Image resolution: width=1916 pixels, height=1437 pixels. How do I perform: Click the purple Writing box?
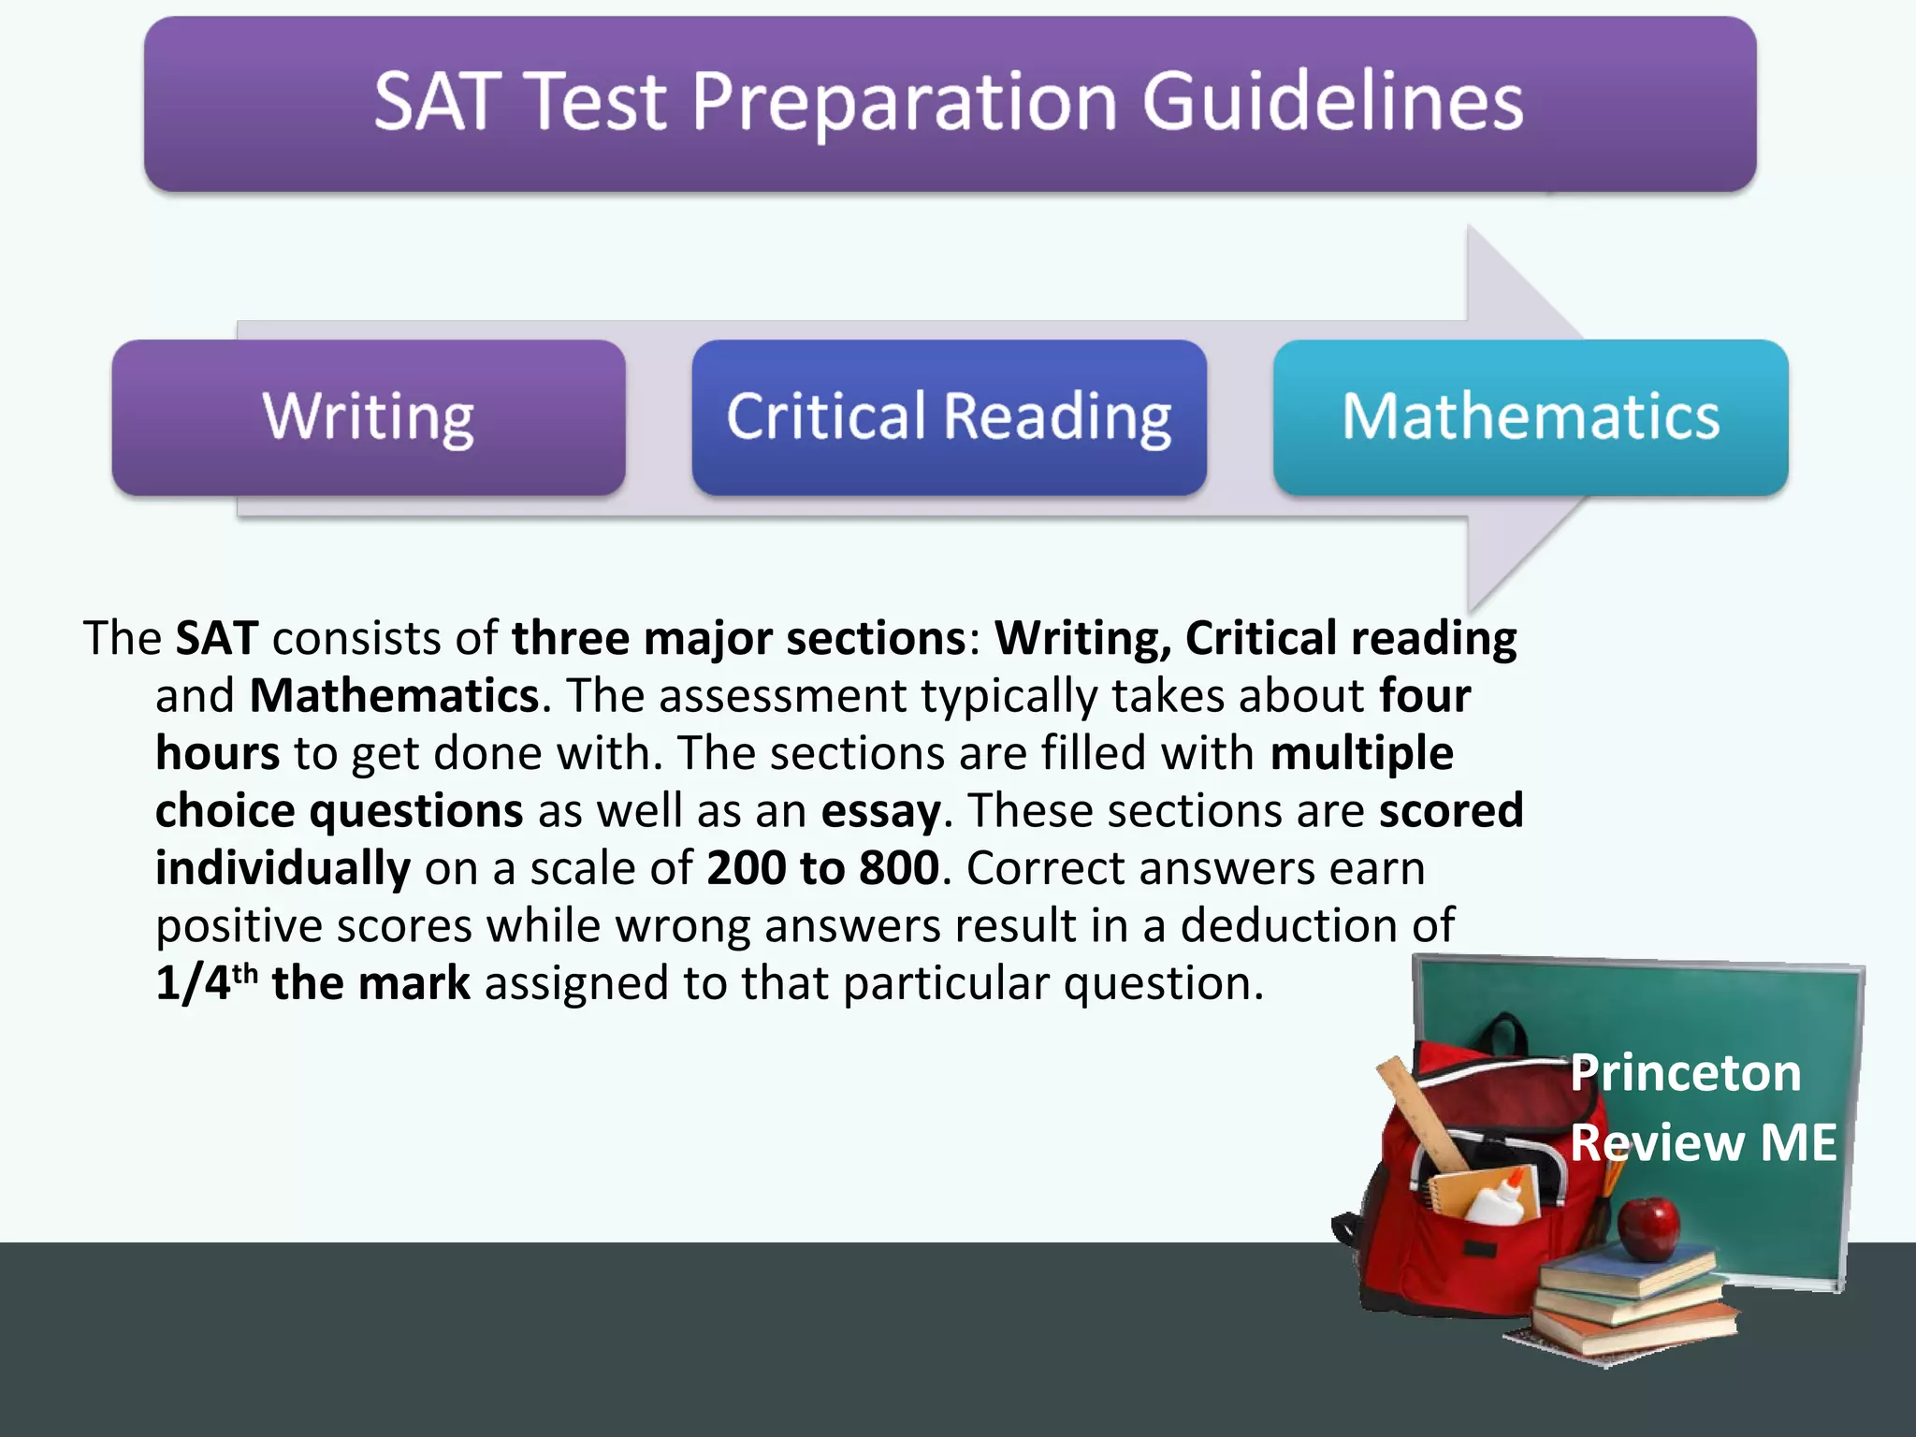point(369,417)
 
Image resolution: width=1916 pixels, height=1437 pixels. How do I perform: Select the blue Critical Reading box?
point(949,417)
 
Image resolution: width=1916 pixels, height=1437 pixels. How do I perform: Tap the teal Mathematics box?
point(1531,417)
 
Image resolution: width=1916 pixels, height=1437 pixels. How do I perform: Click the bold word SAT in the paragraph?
point(217,638)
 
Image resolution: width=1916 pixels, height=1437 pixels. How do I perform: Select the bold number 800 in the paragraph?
point(899,867)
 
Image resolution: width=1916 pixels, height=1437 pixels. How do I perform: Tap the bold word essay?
point(880,810)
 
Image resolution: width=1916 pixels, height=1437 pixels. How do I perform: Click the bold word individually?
point(283,868)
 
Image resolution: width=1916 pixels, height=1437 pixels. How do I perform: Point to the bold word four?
point(1425,695)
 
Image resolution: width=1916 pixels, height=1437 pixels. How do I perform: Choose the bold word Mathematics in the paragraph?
point(394,695)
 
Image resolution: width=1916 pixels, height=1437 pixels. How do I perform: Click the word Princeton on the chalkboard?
point(1685,1072)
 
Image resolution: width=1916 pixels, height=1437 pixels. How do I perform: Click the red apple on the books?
point(1648,1227)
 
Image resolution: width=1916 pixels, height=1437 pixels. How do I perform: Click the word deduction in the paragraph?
point(1288,925)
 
